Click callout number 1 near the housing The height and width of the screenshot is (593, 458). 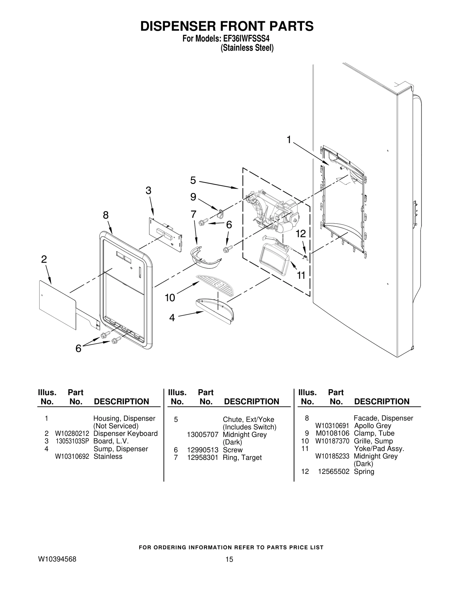click(x=289, y=140)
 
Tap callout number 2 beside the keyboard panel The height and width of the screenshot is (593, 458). click(x=44, y=259)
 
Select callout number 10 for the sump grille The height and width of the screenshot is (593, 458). click(x=170, y=298)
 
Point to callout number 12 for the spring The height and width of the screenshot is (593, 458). click(x=301, y=234)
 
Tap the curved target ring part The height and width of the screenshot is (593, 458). click(x=205, y=257)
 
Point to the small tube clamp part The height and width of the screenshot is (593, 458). click(x=221, y=213)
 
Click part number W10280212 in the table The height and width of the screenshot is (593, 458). click(x=72, y=434)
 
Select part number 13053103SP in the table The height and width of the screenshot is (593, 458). click(x=72, y=441)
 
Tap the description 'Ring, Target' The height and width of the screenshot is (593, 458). click(x=242, y=458)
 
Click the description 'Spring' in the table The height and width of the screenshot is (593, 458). click(x=364, y=471)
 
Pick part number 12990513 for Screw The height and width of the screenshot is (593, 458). click(x=203, y=450)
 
